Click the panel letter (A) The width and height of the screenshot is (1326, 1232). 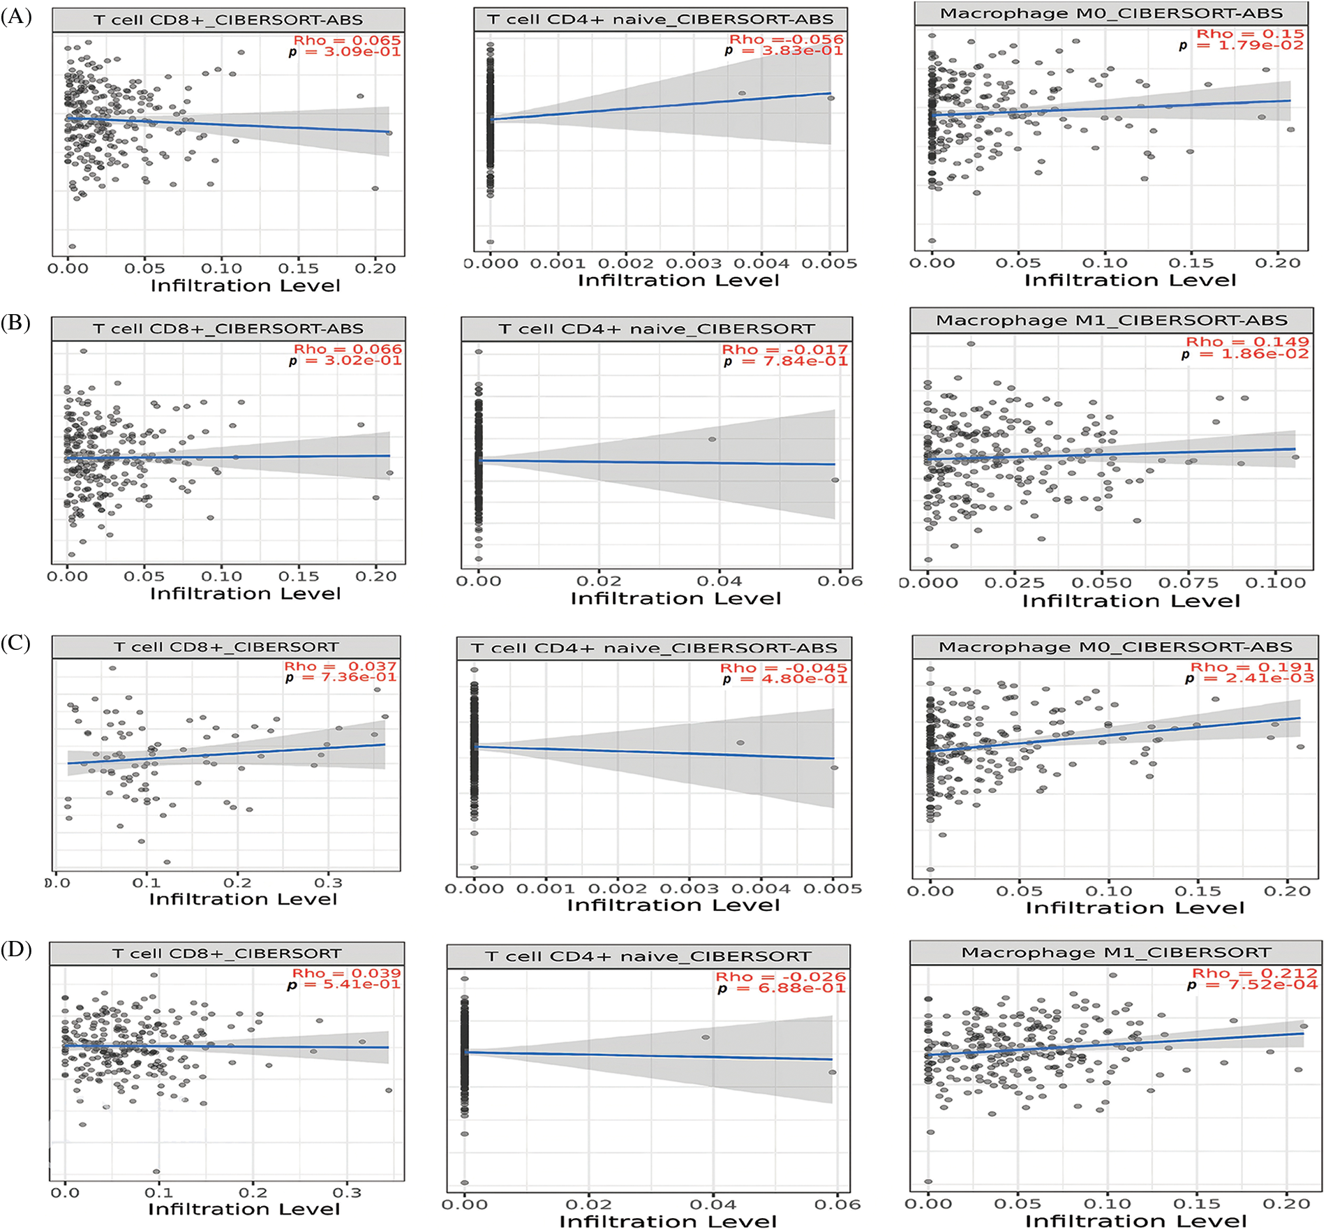[x=16, y=17]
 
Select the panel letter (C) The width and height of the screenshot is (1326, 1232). [x=16, y=642]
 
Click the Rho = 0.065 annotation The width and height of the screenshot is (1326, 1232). [x=347, y=40]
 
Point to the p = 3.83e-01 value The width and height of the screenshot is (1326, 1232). [x=784, y=51]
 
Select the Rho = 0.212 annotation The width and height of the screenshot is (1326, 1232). [x=1254, y=973]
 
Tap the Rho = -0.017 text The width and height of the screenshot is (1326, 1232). [x=784, y=349]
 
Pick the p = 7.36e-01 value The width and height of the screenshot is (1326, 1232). [x=341, y=677]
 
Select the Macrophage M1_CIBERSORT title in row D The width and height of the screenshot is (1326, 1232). [x=1115, y=953]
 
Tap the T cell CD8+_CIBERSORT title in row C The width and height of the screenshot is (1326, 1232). [x=226, y=647]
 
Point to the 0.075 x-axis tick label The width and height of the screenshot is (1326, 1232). [x=1189, y=583]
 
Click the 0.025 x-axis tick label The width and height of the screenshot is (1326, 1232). [x=1014, y=583]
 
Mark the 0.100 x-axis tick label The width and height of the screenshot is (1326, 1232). [x=1275, y=583]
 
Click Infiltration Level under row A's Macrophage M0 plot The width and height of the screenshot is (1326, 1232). [x=1130, y=281]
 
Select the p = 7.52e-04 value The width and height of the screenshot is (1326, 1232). [x=1252, y=984]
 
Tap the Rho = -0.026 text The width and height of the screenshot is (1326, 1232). [x=780, y=977]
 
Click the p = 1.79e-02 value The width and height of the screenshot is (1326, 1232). [x=1241, y=45]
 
